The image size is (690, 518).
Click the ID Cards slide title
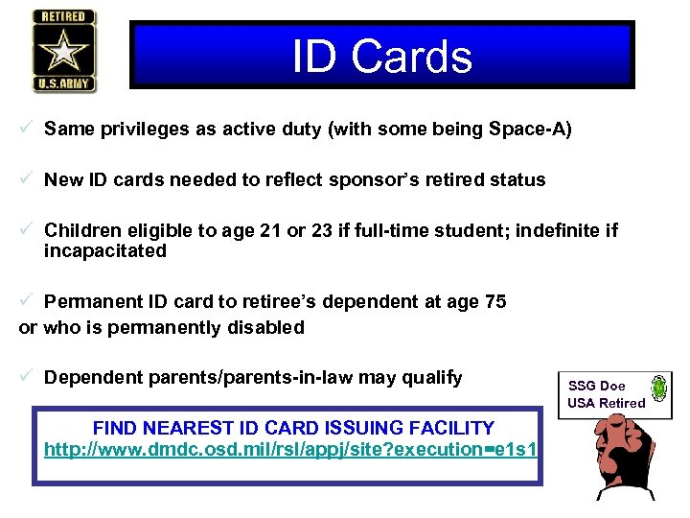point(381,57)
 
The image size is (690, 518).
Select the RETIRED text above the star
point(63,17)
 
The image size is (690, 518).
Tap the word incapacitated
point(105,251)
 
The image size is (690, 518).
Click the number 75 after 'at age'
point(495,302)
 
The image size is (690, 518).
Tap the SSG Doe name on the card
point(596,386)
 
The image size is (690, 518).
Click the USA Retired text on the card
point(606,403)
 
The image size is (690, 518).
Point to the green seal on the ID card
point(659,388)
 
